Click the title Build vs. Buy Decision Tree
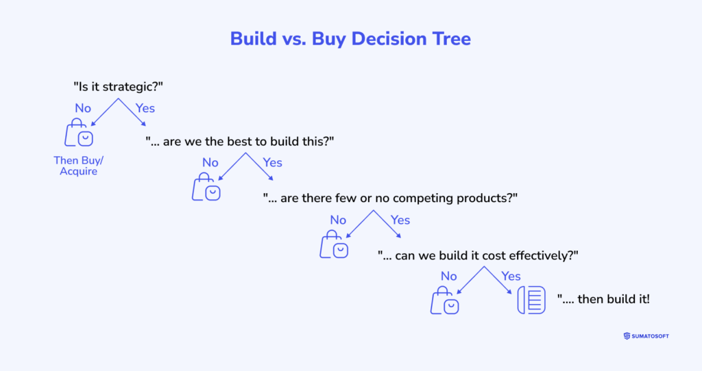350,39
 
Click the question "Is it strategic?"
118,86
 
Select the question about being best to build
239,142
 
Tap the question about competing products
390,198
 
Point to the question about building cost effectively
478,256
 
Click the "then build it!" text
603,299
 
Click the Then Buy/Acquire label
78,166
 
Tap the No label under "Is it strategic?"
83,108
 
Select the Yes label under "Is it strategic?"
145,108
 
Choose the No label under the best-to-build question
210,162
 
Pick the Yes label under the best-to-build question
272,162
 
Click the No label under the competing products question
338,220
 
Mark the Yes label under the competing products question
400,220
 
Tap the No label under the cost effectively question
448,277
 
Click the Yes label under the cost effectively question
511,277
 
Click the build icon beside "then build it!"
531,300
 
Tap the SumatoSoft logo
646,336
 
